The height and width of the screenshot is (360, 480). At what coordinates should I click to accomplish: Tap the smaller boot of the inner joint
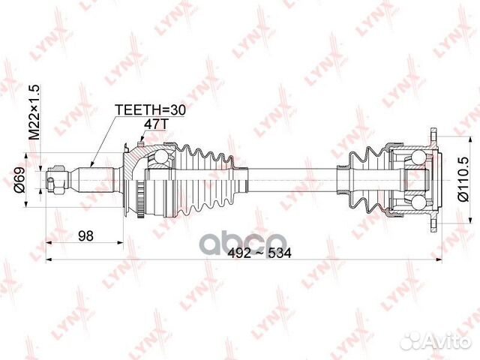(366, 180)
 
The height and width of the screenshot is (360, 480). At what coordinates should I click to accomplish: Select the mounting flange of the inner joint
(433, 180)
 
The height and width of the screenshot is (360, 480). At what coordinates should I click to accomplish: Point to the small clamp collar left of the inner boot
(343, 180)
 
